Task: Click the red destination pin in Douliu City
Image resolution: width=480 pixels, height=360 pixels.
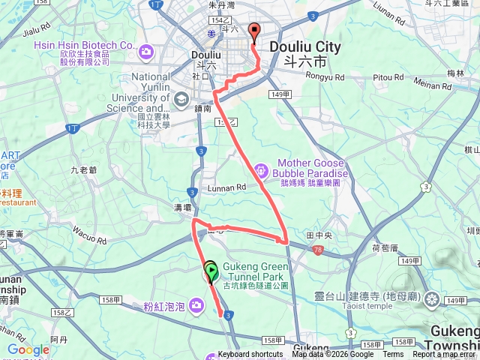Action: point(253,32)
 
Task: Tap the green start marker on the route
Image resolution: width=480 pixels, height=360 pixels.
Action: point(211,271)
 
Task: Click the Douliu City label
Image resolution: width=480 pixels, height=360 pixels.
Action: point(304,47)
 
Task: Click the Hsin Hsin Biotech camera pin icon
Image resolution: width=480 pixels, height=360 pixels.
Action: point(145,52)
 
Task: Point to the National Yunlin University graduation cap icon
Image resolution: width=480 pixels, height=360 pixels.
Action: point(181,99)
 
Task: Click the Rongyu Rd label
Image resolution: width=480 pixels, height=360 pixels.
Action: point(325,76)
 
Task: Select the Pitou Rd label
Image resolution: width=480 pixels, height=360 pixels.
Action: point(388,76)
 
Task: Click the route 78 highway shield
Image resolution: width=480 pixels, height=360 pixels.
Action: point(319,250)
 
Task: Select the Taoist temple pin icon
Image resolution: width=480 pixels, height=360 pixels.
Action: point(432,301)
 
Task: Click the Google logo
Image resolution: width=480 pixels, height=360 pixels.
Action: point(28,349)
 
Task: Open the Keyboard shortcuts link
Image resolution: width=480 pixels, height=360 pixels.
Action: point(250,355)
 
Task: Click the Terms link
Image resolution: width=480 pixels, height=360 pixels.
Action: point(393,355)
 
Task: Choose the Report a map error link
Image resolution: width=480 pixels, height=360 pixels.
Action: point(444,355)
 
